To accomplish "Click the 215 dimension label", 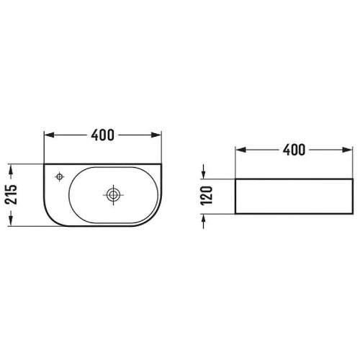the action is pyautogui.click(x=12, y=194).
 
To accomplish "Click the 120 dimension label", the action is pyautogui.click(x=207, y=196).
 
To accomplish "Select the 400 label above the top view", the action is pyautogui.click(x=102, y=135).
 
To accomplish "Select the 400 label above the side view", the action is pyautogui.click(x=294, y=150).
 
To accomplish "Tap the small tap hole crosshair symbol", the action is pyautogui.click(x=60, y=177).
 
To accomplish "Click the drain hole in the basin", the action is pyautogui.click(x=113, y=195).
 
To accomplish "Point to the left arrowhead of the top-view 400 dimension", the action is pyautogui.click(x=50, y=135).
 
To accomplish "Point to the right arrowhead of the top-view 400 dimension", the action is pyautogui.click(x=156, y=135).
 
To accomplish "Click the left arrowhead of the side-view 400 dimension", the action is pyautogui.click(x=241, y=150).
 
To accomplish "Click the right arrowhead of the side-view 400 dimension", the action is pyautogui.click(x=347, y=150).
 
